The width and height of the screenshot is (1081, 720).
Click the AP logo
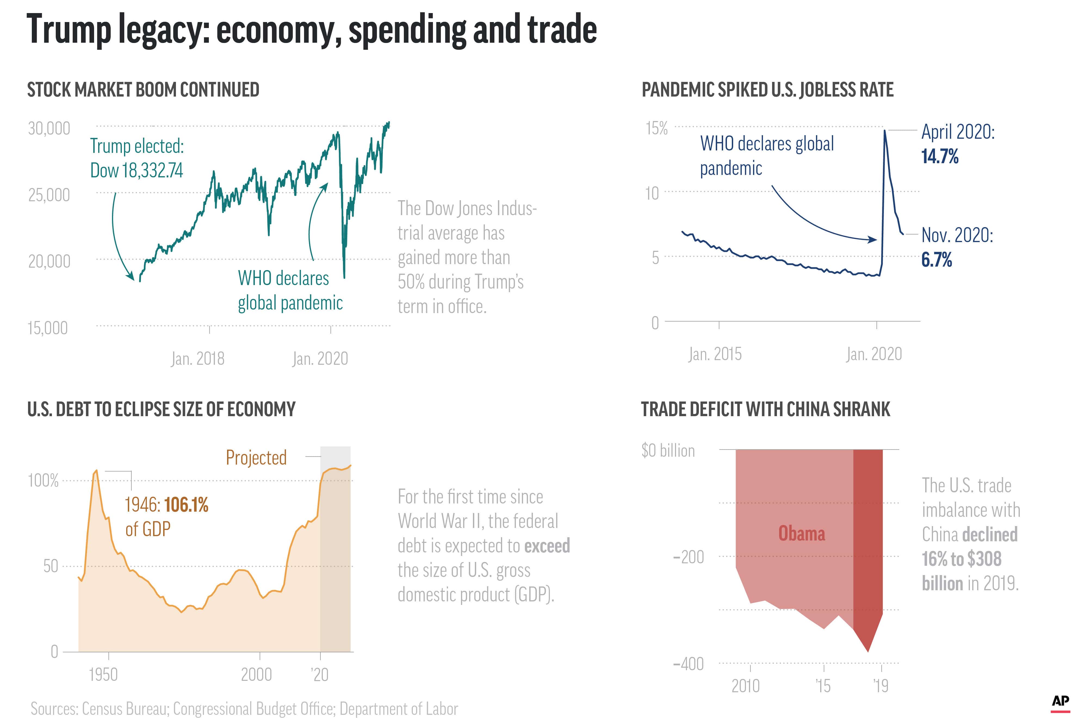click(x=1060, y=702)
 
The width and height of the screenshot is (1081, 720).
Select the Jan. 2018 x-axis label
click(x=198, y=359)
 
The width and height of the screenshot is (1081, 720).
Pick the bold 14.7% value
click(x=940, y=157)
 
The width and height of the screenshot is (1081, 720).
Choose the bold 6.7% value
click(x=936, y=260)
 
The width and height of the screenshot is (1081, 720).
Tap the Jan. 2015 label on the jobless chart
click(x=715, y=354)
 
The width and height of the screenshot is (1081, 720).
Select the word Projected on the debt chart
click(x=256, y=458)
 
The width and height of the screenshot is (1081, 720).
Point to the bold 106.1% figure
click(x=186, y=505)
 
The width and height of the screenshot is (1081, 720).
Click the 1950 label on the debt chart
click(x=103, y=675)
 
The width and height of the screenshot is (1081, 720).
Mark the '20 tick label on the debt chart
click(x=320, y=675)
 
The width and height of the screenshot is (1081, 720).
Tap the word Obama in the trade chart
click(x=801, y=534)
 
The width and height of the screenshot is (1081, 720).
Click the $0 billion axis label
click(x=668, y=451)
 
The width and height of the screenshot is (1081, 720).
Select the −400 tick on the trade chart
click(x=688, y=664)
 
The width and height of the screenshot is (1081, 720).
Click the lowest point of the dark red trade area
click(x=868, y=651)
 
